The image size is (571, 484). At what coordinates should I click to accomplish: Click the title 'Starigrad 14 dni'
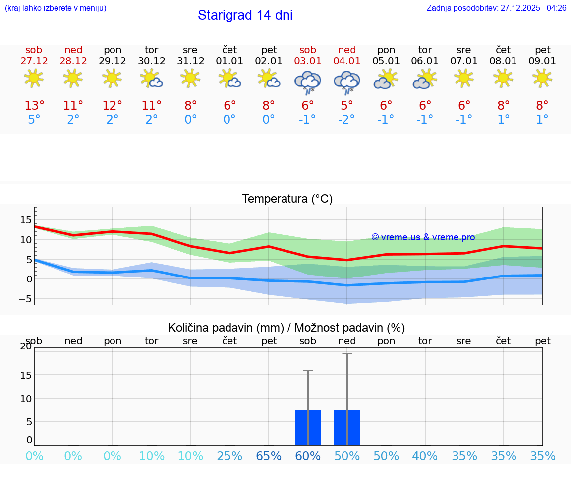(245, 15)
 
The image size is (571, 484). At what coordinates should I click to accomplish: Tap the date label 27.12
(34, 61)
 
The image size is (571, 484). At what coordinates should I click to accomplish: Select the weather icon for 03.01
(308, 82)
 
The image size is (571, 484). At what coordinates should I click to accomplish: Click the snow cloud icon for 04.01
(347, 82)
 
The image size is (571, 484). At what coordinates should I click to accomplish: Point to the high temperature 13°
(34, 105)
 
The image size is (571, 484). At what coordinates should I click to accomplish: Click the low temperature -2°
(347, 120)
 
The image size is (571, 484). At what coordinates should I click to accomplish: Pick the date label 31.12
(191, 61)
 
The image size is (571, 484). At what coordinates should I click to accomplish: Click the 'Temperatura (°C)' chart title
(287, 199)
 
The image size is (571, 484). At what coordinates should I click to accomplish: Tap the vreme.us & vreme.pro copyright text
(423, 237)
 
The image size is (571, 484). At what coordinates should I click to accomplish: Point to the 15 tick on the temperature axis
(26, 220)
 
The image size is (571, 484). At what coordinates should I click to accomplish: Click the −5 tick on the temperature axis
(24, 299)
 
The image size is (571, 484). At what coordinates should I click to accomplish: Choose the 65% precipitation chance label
(269, 456)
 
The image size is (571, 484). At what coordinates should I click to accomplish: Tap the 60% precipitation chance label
(308, 456)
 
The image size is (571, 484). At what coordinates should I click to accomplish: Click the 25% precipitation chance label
(229, 456)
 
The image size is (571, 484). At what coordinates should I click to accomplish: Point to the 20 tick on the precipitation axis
(26, 346)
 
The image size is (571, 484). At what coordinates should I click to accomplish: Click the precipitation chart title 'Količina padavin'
(286, 328)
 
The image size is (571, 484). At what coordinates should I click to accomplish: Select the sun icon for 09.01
(542, 78)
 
